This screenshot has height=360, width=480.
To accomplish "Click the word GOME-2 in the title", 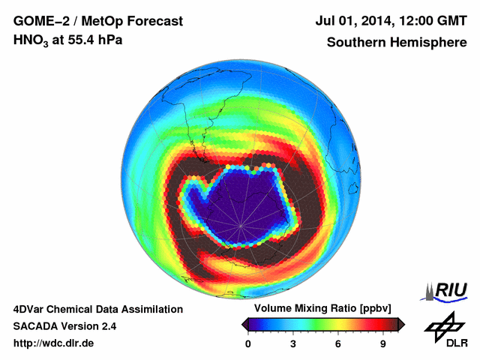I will (38, 20).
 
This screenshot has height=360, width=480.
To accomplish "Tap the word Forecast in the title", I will (148, 20).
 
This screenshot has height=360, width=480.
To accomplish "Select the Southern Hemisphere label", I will (396, 42).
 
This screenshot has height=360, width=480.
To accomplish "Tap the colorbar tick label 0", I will (248, 343).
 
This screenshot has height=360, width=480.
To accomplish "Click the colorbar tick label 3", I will (293, 343).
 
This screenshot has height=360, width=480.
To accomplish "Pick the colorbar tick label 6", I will (338, 343).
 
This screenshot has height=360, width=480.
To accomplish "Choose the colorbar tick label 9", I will (382, 343).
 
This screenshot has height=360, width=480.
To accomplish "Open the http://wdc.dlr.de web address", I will (54, 343).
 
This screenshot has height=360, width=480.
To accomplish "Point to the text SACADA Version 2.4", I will (64, 326).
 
